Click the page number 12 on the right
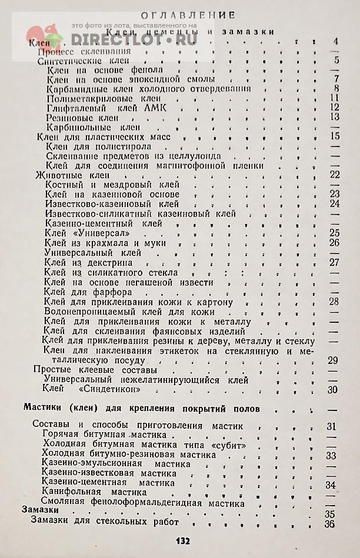pos(335,108)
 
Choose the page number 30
pos(333,389)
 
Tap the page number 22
pos(335,175)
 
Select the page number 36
pos(329,524)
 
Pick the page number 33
pos(331,455)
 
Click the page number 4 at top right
pos(335,41)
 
